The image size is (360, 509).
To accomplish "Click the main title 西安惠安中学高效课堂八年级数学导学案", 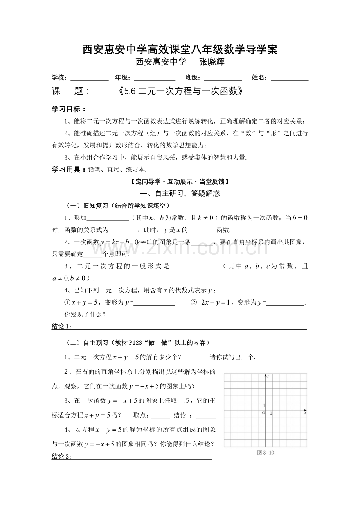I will (180, 49).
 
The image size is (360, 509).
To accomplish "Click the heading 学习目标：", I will (69, 109).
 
